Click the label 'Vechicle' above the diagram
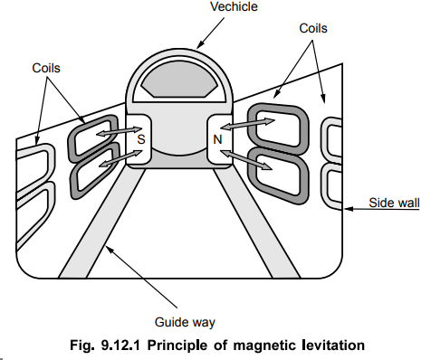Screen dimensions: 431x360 [x=234, y=7]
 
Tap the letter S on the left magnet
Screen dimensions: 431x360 [x=141, y=139]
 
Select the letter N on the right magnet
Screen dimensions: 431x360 [x=217, y=139]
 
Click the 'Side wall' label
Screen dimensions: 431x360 [x=394, y=203]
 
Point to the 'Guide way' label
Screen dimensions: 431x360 [x=185, y=323]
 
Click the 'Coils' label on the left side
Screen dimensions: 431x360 [x=46, y=68]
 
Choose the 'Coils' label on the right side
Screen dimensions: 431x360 [x=313, y=28]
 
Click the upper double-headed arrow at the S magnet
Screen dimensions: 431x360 [x=119, y=131]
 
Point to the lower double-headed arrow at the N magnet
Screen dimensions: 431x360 [x=247, y=160]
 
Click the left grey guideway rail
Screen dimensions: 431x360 [x=101, y=223]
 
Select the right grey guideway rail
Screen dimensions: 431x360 [x=257, y=223]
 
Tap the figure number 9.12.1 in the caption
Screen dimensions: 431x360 [x=120, y=345]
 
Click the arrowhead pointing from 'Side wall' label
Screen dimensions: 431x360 [x=349, y=209]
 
